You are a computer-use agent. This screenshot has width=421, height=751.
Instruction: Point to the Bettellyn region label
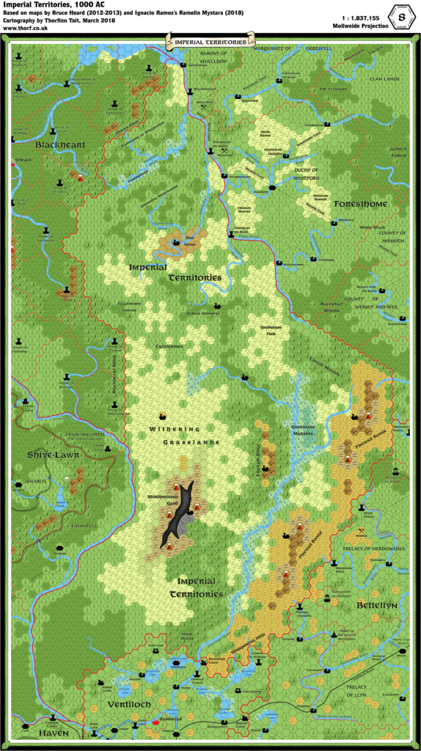[x=377, y=605]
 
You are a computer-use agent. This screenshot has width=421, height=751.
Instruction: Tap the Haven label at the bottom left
[x=54, y=733]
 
